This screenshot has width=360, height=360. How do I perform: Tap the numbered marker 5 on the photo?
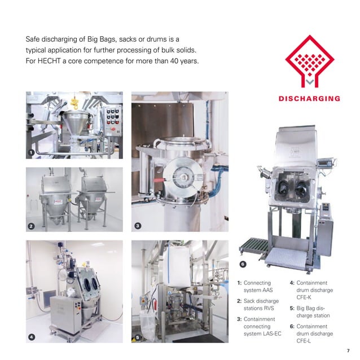click(x=138, y=337)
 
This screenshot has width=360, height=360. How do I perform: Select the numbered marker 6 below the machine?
click(x=243, y=264)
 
